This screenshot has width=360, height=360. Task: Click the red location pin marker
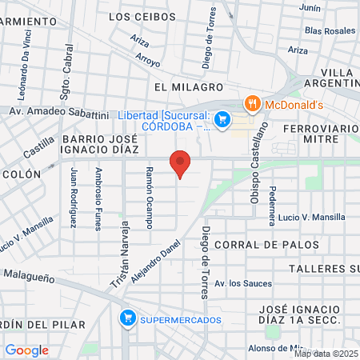[181, 164]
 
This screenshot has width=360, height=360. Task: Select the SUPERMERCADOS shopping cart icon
[126, 319]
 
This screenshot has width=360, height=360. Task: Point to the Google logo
[26, 350]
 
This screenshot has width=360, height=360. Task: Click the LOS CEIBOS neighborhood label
[141, 16]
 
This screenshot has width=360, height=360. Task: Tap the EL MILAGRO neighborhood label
[183, 86]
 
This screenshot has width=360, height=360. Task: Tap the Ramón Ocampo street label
[150, 196]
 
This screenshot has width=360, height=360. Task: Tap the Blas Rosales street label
[329, 30]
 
